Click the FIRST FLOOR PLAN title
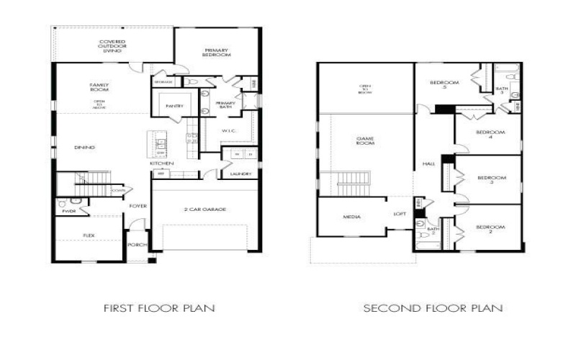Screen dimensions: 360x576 pos(159,308)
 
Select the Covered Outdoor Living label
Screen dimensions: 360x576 pos(111,47)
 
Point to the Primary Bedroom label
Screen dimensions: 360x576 pos(216,53)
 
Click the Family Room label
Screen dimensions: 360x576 pos(99,88)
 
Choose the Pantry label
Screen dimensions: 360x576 pos(174,106)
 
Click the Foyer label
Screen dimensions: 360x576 pos(138,206)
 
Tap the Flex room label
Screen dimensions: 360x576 pos(89,235)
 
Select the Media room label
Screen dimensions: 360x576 pos(352,217)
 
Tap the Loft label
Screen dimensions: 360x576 pos(399,214)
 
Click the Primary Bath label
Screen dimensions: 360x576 pos(225,105)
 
